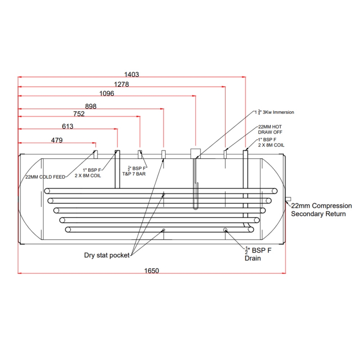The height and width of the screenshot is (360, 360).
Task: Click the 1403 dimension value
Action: point(131,75)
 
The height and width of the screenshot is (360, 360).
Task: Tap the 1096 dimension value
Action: point(107,94)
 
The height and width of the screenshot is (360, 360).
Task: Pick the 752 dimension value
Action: point(78,114)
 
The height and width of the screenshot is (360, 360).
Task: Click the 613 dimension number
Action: point(67,126)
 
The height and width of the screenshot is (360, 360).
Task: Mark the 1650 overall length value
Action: point(151,270)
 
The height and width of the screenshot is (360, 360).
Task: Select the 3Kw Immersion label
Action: point(274,112)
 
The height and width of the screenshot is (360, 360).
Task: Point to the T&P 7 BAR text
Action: point(134,173)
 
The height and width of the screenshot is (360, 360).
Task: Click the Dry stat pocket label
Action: point(107,255)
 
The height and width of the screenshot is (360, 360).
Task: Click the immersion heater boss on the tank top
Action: point(195,153)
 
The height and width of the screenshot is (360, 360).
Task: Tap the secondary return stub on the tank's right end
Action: point(288,199)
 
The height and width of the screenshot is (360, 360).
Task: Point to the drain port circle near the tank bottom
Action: point(225,230)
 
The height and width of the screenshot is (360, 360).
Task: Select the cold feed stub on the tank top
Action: point(95,153)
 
